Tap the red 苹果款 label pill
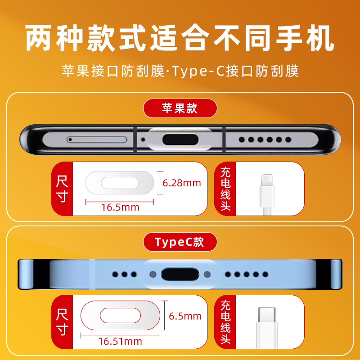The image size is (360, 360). pos(180,108)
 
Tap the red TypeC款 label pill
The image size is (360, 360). pos(180,242)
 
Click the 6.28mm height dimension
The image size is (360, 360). pos(182,183)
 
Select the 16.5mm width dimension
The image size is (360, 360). pos(120,207)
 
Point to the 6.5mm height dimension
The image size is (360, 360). pos(185,316)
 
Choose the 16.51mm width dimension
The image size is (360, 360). pos(120,342)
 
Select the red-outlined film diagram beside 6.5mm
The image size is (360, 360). pos(120,315)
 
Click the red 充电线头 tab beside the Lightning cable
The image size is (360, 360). pos(225,189)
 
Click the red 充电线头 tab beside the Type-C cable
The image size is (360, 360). pos(225,322)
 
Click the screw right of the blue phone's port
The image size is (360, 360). pos(207,274)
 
